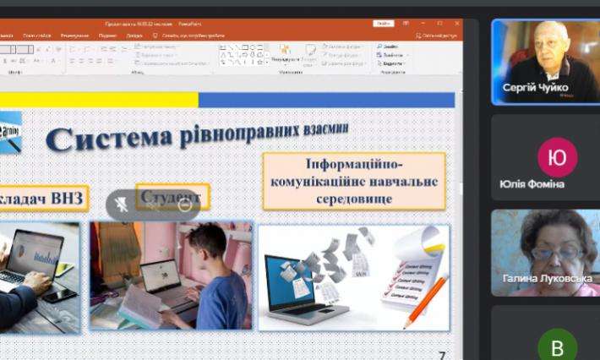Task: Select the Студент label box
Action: pos(172,197)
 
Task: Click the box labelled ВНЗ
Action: pos(42,198)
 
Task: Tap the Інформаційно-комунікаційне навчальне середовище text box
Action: pos(353,181)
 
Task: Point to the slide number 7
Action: pos(441,356)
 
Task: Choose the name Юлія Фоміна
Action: pos(532,183)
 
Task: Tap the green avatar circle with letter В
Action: pos(557,346)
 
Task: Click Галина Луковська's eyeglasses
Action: pos(554,251)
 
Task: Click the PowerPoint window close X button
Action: pos(457,23)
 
